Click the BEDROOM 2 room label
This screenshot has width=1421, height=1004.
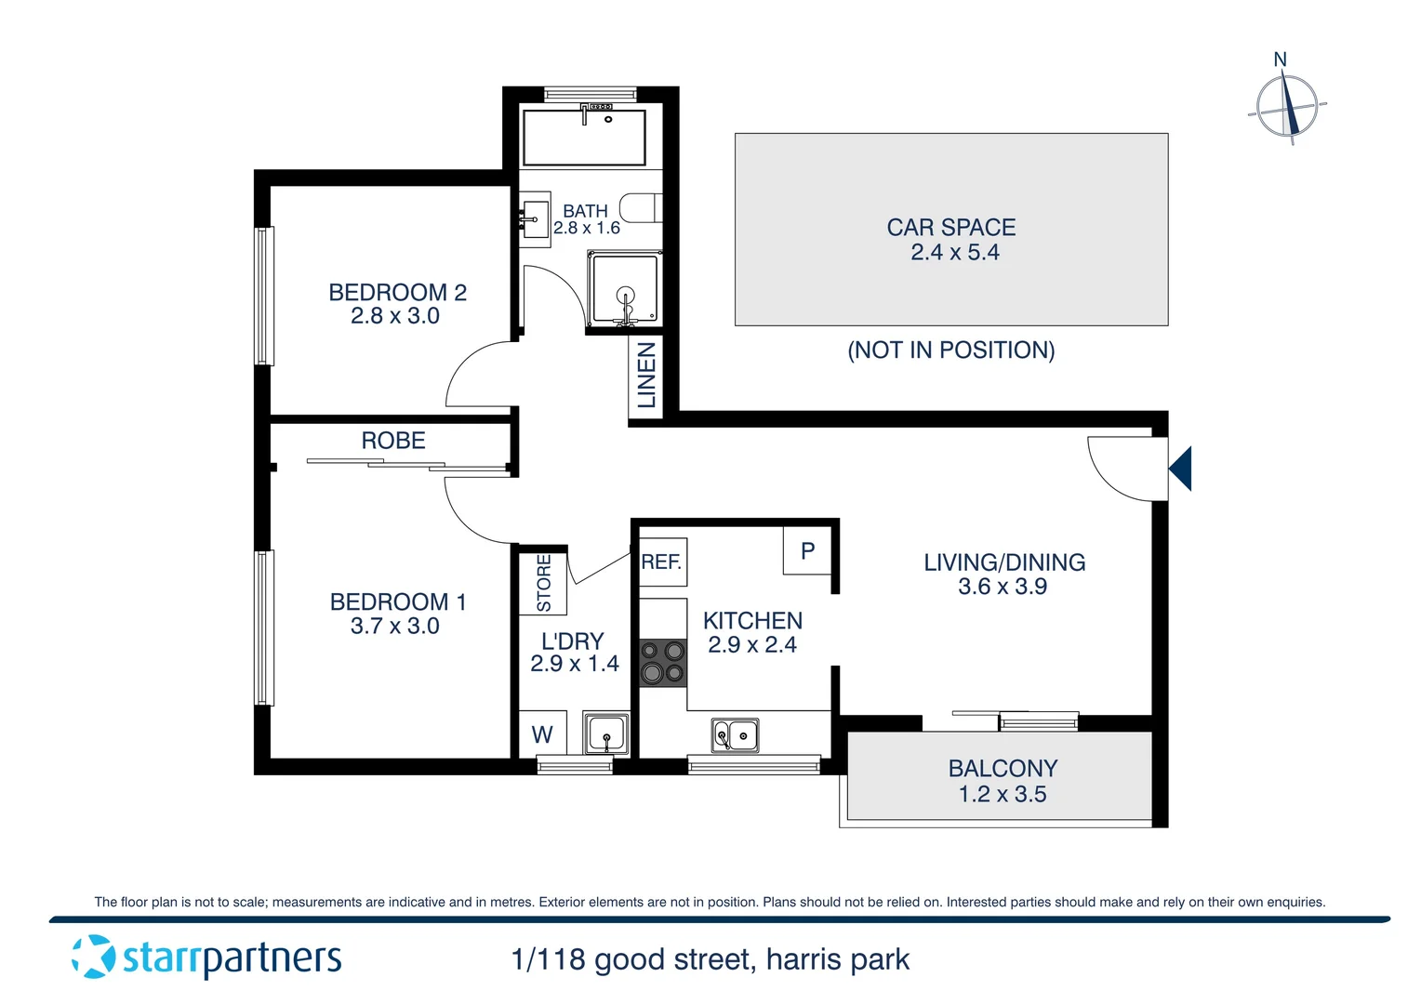point(397,292)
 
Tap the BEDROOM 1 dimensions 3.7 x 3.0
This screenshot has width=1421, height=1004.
point(394,627)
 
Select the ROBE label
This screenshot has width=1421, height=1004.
point(393,441)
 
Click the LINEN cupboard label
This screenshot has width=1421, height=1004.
point(646,375)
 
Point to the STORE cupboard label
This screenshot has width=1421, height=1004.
point(544,583)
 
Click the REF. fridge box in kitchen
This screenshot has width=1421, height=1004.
point(662,562)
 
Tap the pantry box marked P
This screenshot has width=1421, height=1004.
point(807,551)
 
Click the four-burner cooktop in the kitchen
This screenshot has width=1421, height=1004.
point(663,663)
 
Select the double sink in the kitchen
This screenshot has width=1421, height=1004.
point(735,735)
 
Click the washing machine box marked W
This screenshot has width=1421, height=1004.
point(542,734)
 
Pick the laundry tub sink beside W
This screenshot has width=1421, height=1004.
point(606,733)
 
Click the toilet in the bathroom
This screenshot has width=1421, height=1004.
point(641,208)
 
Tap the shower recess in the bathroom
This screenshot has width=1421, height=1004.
point(624,289)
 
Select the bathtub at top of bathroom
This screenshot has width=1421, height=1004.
point(584,138)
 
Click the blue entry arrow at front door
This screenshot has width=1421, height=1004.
point(1181,469)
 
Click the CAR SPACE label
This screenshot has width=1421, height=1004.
point(950,228)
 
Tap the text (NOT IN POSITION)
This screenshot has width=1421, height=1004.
point(950,350)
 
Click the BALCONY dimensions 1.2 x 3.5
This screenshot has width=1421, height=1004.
point(1003,795)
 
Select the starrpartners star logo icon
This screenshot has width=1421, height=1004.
point(93,957)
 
